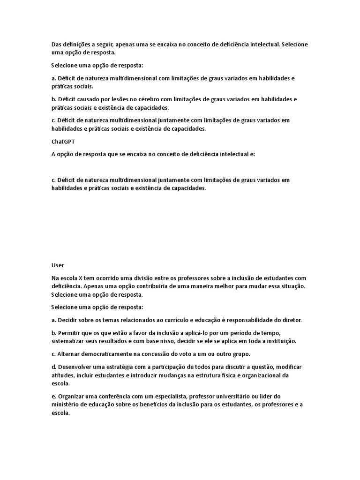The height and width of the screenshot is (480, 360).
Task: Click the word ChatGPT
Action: tap(62, 141)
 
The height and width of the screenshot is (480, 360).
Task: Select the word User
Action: tap(57, 265)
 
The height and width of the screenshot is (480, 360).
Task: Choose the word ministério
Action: tap(67, 404)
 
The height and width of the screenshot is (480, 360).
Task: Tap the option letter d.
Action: tap(53, 366)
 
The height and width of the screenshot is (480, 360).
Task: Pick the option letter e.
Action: tap(53, 396)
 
